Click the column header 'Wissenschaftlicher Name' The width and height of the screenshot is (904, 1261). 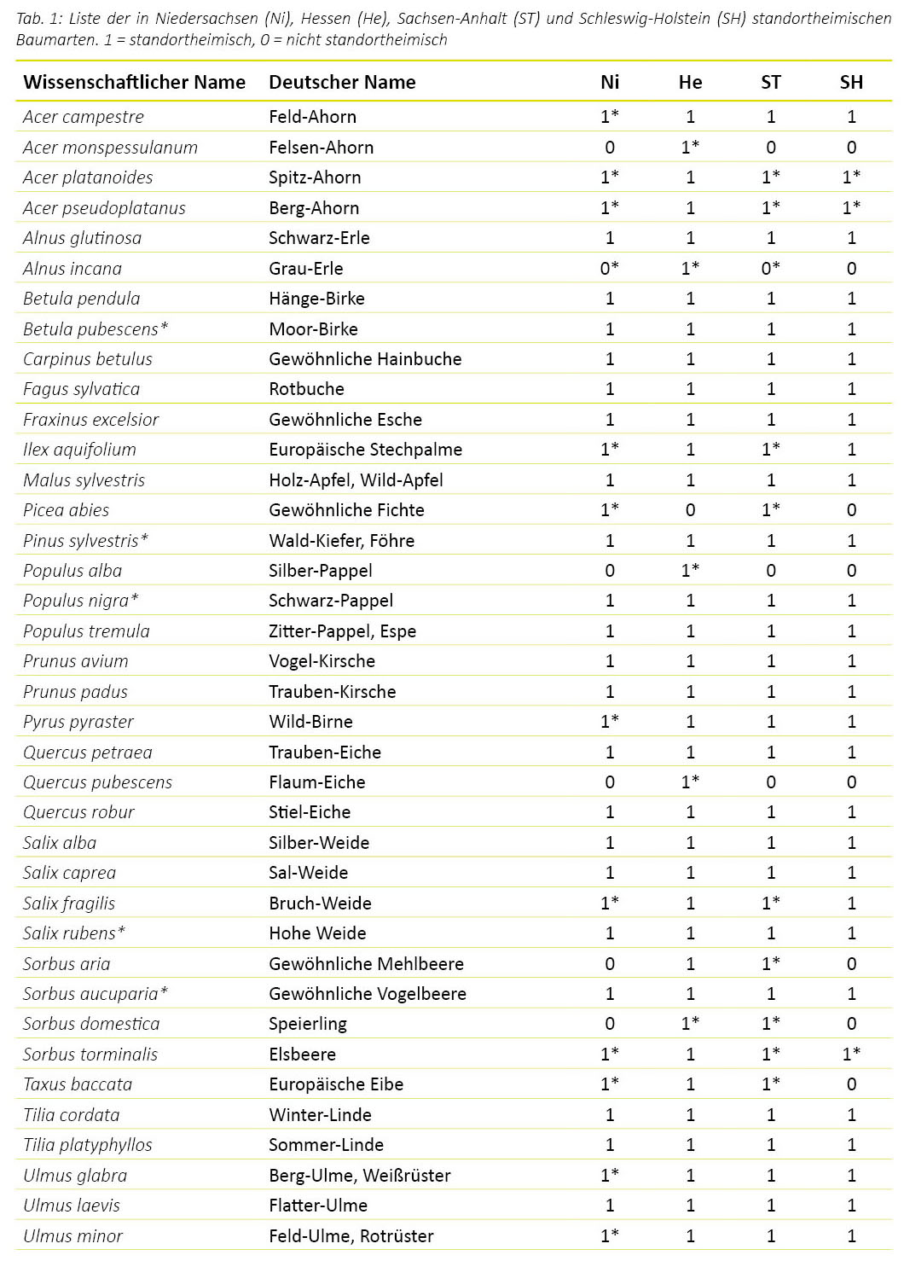pos(134,83)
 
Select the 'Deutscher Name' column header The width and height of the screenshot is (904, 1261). pos(342,83)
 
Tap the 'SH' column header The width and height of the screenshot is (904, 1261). pos(850,83)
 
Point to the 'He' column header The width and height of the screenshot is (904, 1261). pos(690,83)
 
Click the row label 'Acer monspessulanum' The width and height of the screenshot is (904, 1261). pos(110,148)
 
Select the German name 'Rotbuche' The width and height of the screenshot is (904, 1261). pos(306,389)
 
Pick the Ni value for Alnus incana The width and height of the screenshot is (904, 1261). pos(609,269)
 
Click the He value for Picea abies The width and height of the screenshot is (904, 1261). pos(690,510)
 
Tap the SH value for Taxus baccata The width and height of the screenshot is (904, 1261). pos(850,1084)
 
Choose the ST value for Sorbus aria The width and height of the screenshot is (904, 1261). pos(770,964)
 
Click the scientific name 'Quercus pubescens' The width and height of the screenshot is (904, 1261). pos(97,782)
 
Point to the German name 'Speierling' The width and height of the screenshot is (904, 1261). pos(307,1024)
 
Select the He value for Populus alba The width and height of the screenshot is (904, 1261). pos(690,571)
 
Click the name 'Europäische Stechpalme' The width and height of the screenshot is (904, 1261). pos(365,450)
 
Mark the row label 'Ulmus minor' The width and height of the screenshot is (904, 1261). pos(72,1236)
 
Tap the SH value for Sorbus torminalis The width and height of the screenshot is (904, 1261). pos(850,1055)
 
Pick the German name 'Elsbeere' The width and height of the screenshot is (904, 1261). pos(302,1055)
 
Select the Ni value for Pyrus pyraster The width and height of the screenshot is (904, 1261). pos(609,722)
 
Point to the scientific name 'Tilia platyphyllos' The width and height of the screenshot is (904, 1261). pos(87,1145)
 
